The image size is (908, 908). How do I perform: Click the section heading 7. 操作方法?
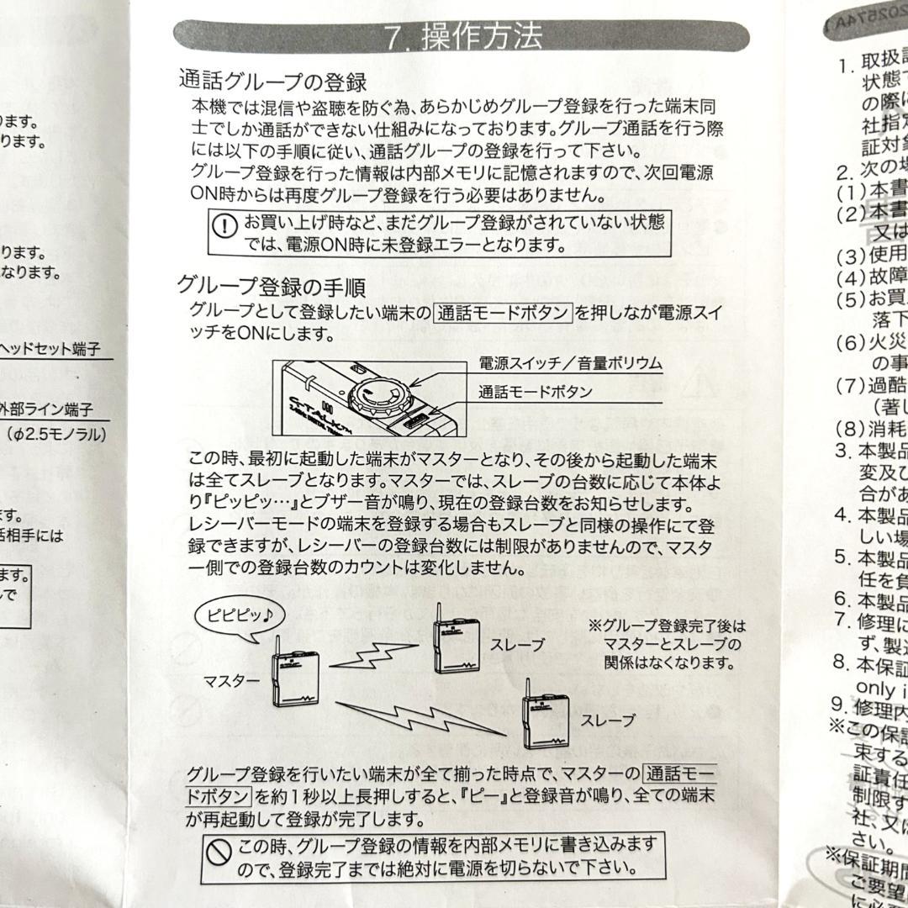[x=463, y=38]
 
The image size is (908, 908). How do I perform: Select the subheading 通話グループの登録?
[x=272, y=82]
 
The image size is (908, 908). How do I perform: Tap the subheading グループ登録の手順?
[x=271, y=287]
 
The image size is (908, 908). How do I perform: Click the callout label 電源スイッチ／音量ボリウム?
[x=570, y=363]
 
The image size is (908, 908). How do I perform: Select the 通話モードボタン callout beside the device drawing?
[x=535, y=391]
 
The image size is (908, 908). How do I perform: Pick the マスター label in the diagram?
[x=230, y=681]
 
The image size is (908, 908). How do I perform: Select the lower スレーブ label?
[x=607, y=721]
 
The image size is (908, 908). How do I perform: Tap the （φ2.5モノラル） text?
[x=56, y=436]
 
